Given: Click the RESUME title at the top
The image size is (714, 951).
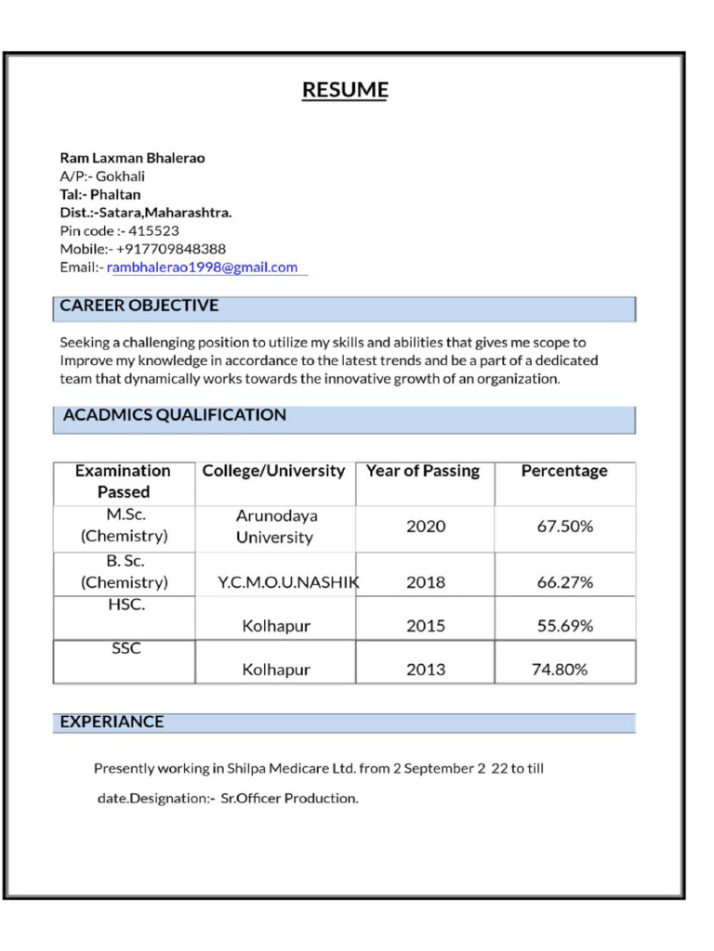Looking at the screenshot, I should tap(345, 90).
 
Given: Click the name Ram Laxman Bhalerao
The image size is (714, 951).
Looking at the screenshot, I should tap(132, 158).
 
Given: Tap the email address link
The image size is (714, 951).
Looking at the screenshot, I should tap(204, 267).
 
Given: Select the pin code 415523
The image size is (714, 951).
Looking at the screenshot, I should tap(153, 230).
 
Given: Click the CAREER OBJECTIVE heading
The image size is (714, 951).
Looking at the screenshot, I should tap(139, 306).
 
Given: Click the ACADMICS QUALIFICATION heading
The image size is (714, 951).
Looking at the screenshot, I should tap(174, 415).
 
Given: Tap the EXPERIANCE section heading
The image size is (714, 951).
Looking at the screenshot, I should tap(112, 722).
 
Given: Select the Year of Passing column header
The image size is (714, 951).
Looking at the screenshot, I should tap(423, 471).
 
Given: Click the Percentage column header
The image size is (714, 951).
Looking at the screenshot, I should tap(563, 471).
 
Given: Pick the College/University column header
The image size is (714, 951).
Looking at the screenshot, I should tap(273, 471).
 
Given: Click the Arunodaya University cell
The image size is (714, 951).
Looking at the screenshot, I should tap(275, 527).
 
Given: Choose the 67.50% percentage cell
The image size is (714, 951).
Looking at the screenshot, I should tap(564, 527).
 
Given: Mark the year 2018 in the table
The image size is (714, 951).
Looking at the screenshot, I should tap(425, 582).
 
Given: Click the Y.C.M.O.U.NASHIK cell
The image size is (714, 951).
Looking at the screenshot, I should tap(288, 582).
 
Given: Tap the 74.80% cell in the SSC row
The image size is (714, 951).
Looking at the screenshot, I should tap(559, 669).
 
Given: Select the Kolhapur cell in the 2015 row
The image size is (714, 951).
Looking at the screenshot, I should tap(276, 626).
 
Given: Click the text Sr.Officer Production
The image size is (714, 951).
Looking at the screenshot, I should tap(289, 798).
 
